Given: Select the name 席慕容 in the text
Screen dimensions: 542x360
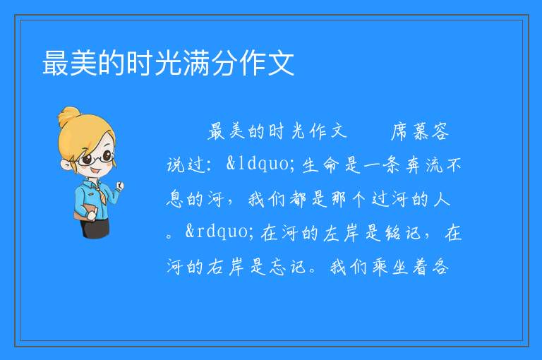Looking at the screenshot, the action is [420, 131].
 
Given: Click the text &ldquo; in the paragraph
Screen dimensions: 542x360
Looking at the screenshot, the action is [260, 164].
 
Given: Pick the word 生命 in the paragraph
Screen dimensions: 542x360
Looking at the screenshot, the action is [319, 164].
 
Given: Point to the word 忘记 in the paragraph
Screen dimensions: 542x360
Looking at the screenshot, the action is [288, 267].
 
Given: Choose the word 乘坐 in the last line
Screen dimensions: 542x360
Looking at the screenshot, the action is [390, 267].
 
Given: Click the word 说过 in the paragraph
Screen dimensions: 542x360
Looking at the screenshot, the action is [186, 164].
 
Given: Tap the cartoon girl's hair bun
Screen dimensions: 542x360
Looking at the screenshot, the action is [68, 116].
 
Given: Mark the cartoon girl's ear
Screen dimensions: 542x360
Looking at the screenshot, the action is [66, 164].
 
